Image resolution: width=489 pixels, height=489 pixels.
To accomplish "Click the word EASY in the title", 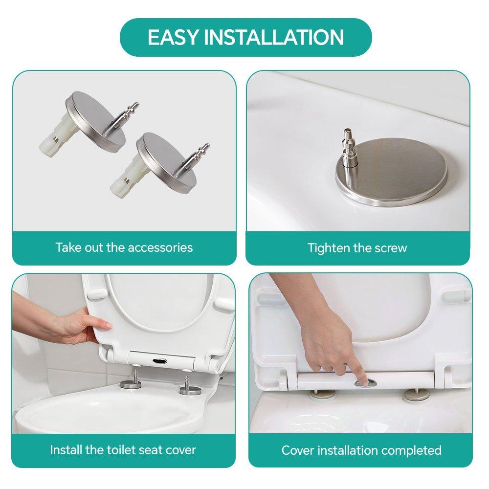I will click(173, 38).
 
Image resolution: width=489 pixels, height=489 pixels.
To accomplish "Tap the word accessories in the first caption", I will click(160, 247).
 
